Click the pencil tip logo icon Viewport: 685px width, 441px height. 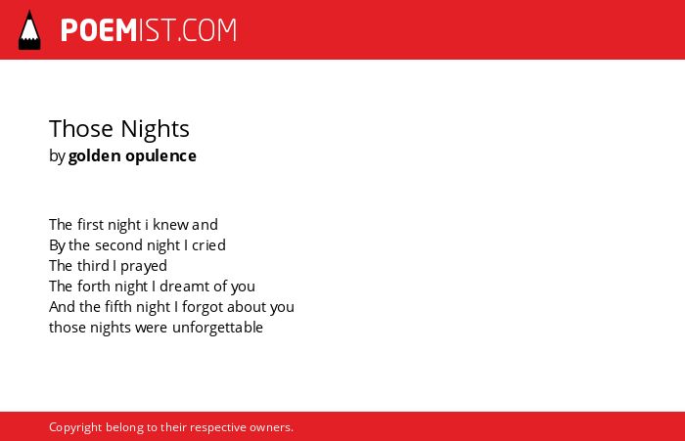coord(29,30)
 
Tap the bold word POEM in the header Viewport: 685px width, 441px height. coord(99,30)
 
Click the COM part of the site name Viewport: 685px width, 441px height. coord(209,30)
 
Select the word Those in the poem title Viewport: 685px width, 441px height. coord(81,129)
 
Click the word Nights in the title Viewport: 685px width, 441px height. coord(155,130)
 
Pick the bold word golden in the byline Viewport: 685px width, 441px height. coord(94,155)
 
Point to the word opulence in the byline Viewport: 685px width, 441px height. coord(160,156)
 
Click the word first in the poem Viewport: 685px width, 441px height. coord(90,225)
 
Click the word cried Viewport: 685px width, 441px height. coord(208,245)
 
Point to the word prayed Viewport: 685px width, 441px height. coord(144,266)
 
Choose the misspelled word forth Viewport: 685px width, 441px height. coord(90,287)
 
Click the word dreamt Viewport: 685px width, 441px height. coord(184,287)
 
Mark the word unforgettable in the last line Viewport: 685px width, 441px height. coord(217,328)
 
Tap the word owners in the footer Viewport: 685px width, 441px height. coord(271,427)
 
